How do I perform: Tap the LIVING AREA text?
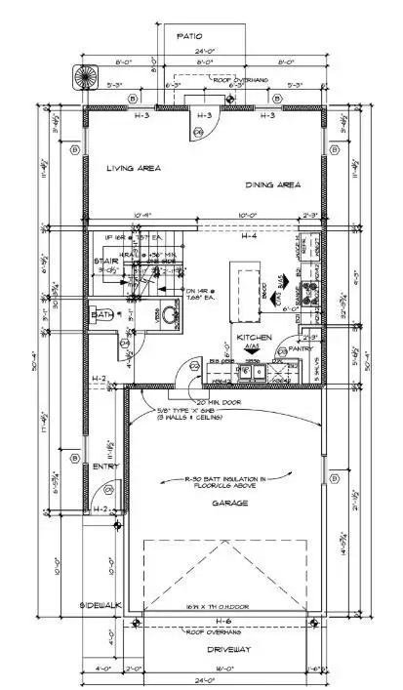(134, 169)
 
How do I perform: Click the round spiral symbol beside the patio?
(80, 75)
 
